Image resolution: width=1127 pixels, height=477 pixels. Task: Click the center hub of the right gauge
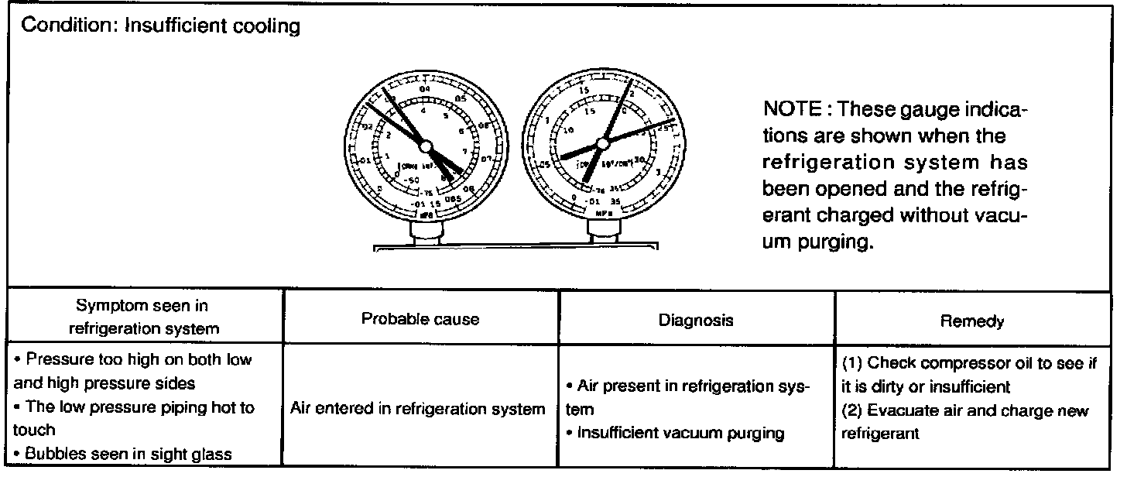[601, 145]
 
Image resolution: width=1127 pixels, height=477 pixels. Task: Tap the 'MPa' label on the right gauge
[601, 210]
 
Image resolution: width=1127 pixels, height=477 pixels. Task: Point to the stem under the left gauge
[424, 232]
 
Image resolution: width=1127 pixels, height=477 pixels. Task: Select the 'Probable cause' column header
[421, 318]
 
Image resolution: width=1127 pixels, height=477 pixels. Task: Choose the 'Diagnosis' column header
[696, 319]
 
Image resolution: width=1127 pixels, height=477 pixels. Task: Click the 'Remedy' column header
[972, 319]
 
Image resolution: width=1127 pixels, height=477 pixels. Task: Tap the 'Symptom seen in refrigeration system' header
[144, 317]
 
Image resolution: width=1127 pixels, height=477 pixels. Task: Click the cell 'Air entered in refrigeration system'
[418, 409]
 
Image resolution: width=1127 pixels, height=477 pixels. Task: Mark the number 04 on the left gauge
[424, 90]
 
